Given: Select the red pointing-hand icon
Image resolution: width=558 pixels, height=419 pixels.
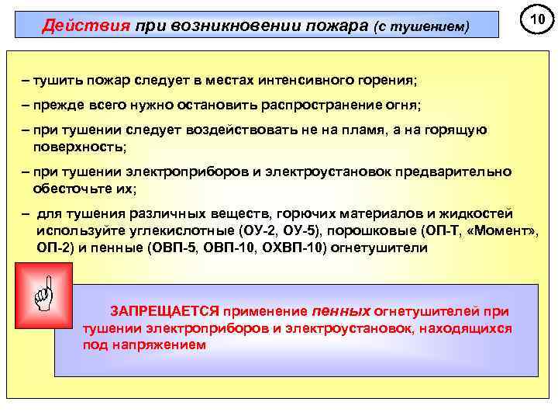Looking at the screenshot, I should coord(43,294).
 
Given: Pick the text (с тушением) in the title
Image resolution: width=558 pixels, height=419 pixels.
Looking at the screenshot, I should coord(422,26).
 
